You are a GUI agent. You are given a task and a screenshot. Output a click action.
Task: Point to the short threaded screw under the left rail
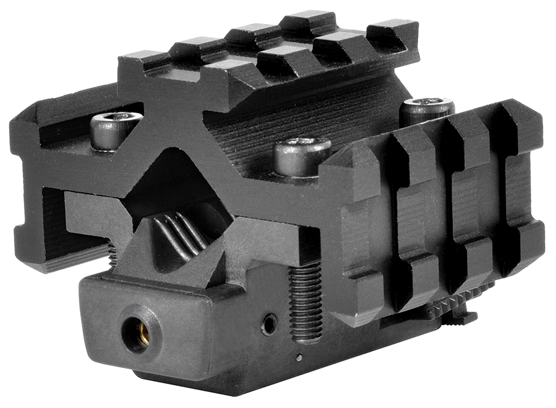click(112, 256)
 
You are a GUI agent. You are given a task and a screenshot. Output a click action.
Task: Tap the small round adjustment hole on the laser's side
click(270, 324)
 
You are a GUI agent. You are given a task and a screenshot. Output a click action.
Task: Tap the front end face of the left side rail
click(33, 183)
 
